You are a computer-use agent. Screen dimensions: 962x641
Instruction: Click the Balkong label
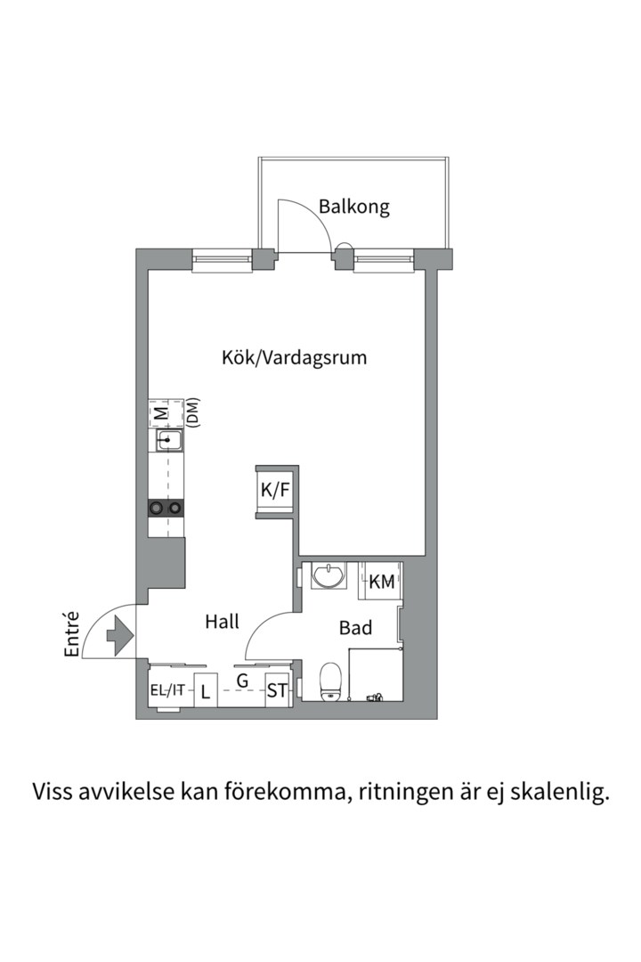354,208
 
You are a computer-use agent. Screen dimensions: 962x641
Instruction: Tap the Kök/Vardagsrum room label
295,358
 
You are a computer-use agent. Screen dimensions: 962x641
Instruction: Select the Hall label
222,622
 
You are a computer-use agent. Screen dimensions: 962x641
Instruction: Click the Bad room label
355,628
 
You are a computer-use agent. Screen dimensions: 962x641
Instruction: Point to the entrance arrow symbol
119,636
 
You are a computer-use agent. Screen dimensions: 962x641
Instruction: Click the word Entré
73,634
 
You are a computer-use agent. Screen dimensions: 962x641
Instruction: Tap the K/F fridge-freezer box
275,489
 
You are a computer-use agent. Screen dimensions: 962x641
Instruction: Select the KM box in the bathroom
381,583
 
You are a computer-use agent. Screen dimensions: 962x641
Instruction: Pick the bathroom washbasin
329,576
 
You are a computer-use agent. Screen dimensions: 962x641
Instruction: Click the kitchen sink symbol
168,441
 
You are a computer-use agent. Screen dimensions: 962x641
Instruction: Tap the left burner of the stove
158,508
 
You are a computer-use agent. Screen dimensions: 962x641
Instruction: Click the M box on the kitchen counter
160,412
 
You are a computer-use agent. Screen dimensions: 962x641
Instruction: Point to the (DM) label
192,412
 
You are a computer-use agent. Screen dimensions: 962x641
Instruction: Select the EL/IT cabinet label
167,689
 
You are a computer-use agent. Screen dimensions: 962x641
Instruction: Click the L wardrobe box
206,691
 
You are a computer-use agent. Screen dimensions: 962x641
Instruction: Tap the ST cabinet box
277,690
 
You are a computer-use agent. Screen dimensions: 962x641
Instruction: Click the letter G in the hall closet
241,681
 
